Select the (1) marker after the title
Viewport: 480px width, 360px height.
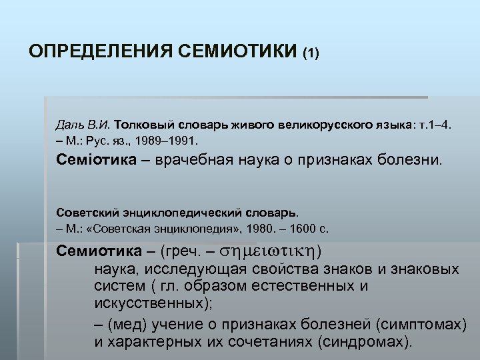tap(311, 53)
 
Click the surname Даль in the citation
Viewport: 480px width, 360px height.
tap(69, 125)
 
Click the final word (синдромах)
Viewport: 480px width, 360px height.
tap(365, 342)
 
